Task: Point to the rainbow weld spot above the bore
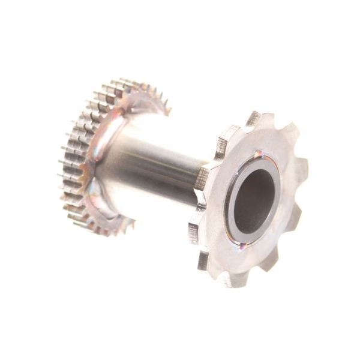[x=259, y=154]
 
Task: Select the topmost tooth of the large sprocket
[x=253, y=118]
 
